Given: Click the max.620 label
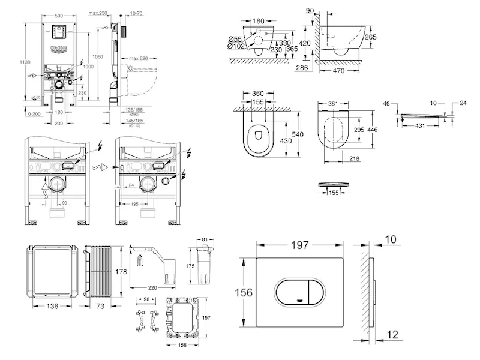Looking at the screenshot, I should (x=138, y=58).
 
